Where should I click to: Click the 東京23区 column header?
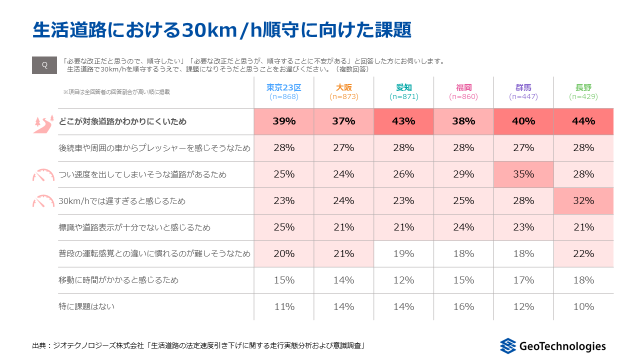pyautogui.click(x=284, y=87)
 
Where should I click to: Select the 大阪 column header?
pyautogui.click(x=343, y=87)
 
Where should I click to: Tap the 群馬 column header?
pyautogui.click(x=523, y=87)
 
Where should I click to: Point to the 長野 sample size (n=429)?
pyautogui.click(x=583, y=96)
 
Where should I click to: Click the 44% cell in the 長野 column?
pyautogui.click(x=583, y=121)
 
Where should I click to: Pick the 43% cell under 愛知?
pyautogui.click(x=403, y=121)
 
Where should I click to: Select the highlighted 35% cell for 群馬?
pyautogui.click(x=523, y=174)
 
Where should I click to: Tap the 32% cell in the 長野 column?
pyautogui.click(x=583, y=201)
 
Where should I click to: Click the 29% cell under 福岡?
pyautogui.click(x=463, y=174)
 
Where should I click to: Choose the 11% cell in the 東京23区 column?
pyautogui.click(x=284, y=307)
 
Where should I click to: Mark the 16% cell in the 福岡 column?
pyautogui.click(x=463, y=307)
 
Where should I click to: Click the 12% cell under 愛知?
pyautogui.click(x=403, y=280)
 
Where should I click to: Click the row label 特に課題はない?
pyautogui.click(x=86, y=306)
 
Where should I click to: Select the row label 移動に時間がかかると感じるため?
pyautogui.click(x=118, y=280)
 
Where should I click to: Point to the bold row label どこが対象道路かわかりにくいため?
pyautogui.click(x=122, y=121)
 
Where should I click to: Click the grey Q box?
pyautogui.click(x=44, y=65)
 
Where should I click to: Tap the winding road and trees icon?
pyautogui.click(x=43, y=124)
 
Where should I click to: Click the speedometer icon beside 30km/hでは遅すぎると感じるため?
pyautogui.click(x=43, y=201)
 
